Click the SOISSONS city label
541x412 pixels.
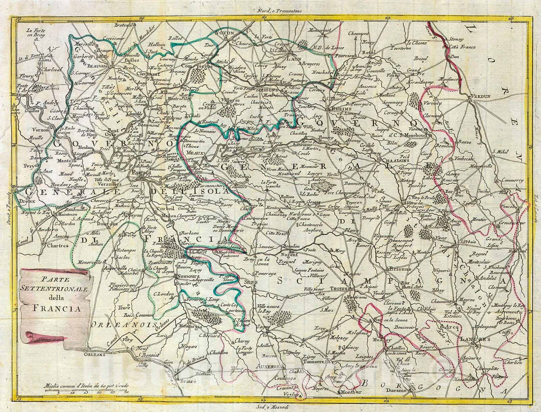(267, 90)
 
